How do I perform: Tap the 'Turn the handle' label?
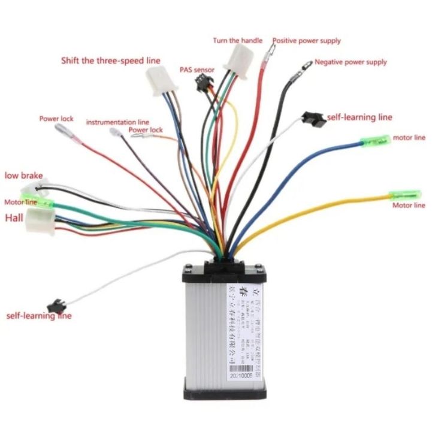pyautogui.click(x=237, y=41)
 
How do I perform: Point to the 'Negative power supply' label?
pyautogui.click(x=351, y=62)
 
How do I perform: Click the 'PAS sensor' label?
pyautogui.click(x=197, y=70)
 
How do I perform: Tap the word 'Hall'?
pyautogui.click(x=14, y=218)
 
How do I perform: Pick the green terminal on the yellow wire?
pyautogui.click(x=405, y=195)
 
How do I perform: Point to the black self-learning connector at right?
pyautogui.click(x=314, y=118)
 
